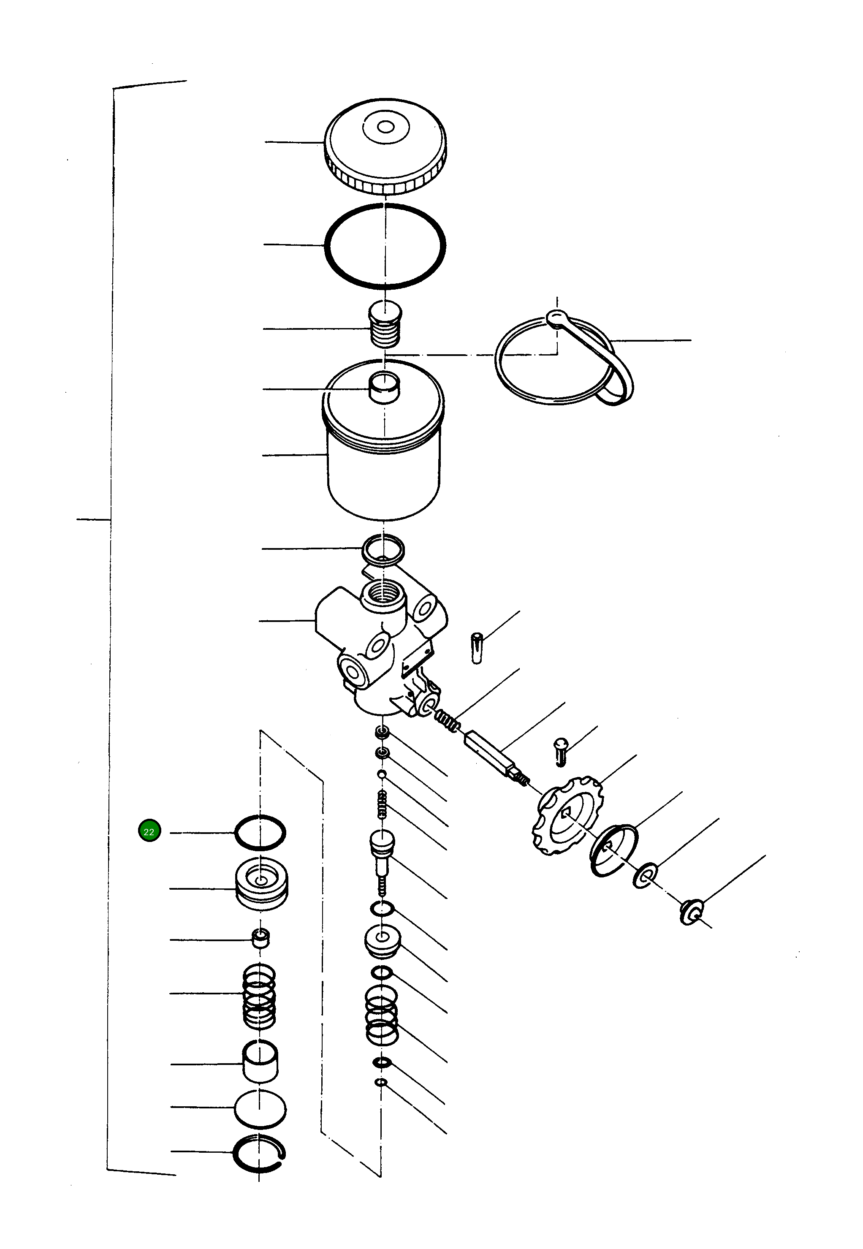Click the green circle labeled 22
149,831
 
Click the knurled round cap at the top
385,145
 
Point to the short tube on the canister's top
383,387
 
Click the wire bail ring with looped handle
562,360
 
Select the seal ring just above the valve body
383,549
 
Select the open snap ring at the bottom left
259,1154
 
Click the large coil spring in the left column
260,996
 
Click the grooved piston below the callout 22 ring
262,885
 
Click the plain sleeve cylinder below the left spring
260,1062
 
